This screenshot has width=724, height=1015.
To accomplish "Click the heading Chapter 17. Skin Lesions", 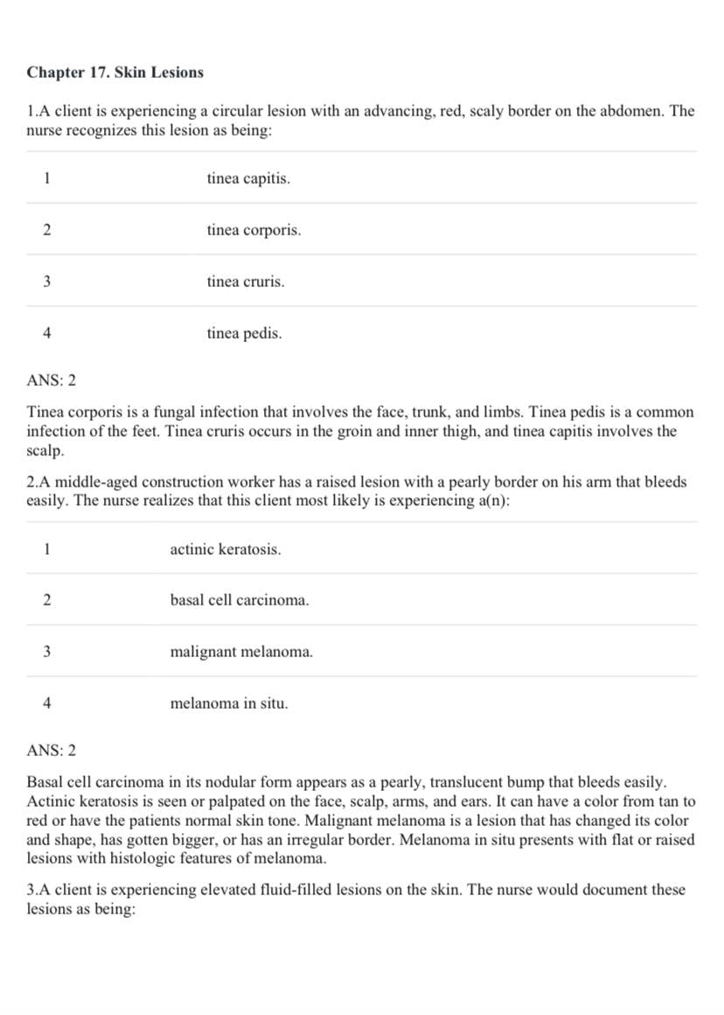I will pos(115,73).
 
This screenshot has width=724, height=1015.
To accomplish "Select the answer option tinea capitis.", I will pos(248,178).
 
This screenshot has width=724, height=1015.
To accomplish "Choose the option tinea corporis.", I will pos(254,230).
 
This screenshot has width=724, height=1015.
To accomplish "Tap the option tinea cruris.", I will pos(246,282).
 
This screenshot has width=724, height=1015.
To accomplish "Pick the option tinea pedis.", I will pos(244,333).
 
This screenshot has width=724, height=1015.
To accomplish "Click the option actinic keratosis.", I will pos(226,549).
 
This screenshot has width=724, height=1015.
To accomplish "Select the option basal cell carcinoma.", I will pos(240,600).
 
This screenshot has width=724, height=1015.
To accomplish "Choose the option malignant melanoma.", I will pos(241,652).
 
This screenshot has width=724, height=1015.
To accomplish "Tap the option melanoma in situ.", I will pos(229,703).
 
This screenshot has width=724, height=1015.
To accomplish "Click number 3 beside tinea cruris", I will pos(46,282).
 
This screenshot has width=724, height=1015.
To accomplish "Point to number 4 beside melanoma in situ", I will pos(46,703).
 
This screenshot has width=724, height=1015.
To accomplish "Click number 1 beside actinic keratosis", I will pos(46,549).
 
